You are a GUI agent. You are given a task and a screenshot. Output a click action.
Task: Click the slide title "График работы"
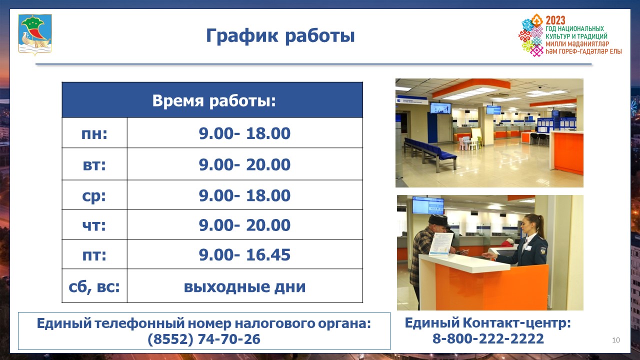click(280, 36)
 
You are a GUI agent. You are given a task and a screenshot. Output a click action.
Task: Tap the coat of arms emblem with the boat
click(35, 34)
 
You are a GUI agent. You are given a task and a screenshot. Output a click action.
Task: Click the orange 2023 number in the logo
click(555, 20)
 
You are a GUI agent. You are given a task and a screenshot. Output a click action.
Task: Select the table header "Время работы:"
click(213, 100)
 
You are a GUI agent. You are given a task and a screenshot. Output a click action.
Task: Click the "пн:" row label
click(94, 133)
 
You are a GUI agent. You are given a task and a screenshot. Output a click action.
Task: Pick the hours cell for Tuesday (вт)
click(244, 164)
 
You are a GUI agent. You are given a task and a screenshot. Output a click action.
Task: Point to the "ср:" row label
click(94, 196)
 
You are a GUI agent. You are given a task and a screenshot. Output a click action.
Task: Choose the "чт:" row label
click(94, 225)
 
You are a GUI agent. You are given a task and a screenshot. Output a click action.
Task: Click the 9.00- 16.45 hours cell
click(244, 255)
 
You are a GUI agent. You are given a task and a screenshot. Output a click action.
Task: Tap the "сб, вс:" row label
click(94, 287)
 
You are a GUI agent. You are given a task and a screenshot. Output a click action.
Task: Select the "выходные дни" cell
click(244, 286)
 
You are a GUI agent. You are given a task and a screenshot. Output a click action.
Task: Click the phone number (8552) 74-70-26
click(204, 339)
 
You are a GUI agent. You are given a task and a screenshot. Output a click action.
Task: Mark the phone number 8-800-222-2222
click(488, 338)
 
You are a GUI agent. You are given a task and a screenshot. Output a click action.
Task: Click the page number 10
click(616, 340)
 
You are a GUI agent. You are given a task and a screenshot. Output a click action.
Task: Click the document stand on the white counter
click(441, 244)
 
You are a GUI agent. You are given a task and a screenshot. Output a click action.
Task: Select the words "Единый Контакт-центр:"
click(487, 323)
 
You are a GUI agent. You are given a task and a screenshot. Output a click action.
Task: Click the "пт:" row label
click(94, 255)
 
